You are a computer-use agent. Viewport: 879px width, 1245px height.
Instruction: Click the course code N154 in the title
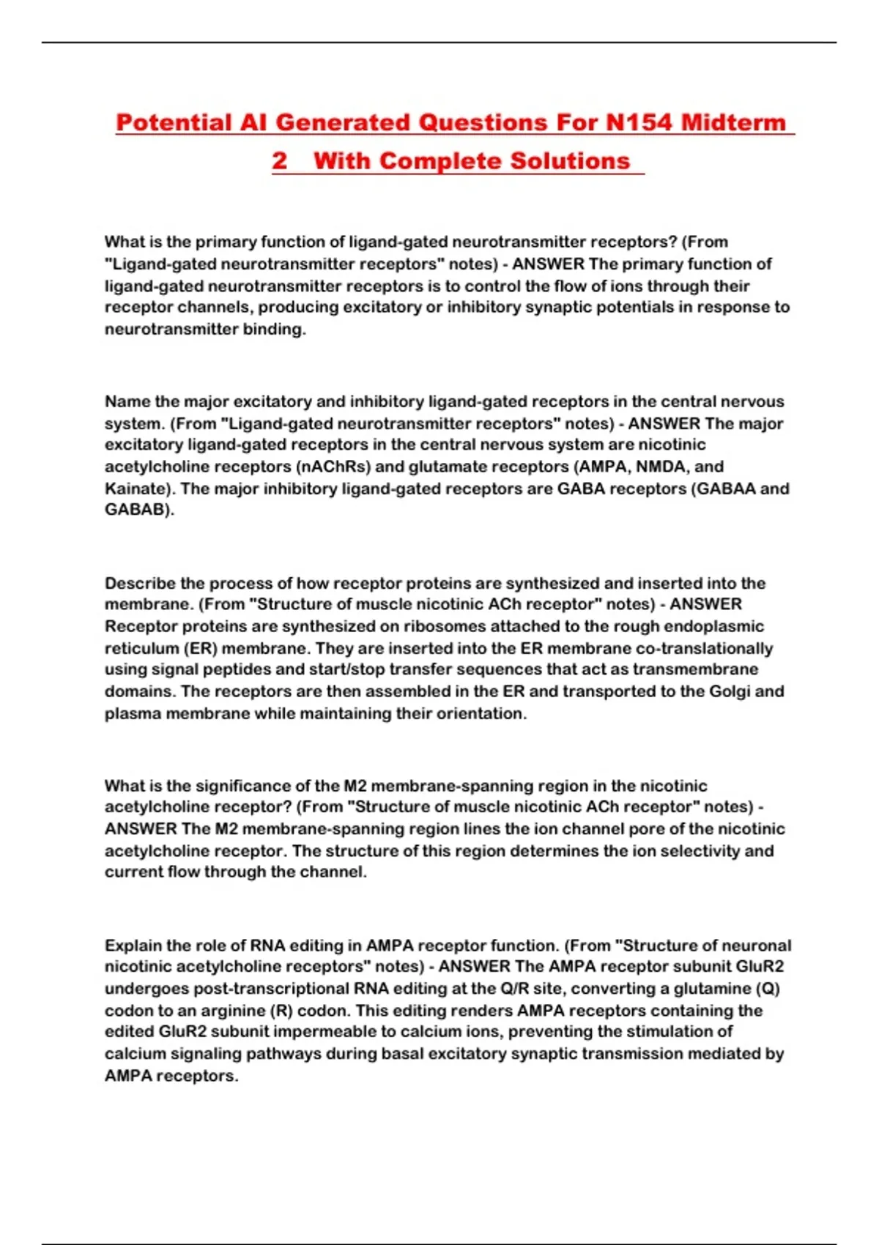click(638, 122)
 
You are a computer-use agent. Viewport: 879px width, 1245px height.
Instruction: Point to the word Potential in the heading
click(174, 122)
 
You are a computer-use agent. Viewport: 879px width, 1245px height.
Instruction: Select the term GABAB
click(138, 510)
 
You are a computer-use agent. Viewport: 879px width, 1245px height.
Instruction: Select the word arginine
click(226, 1011)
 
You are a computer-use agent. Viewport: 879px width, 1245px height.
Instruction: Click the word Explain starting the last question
click(133, 945)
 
